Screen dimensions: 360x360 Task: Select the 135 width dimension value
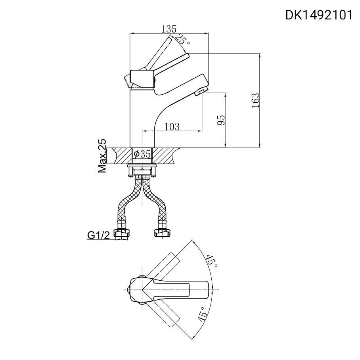coord(169,29)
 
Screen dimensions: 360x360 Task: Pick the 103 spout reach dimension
coord(172,126)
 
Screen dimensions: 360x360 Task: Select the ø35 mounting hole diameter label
coord(143,155)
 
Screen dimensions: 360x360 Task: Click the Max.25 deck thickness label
coord(103,156)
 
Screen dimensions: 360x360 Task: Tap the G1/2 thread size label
coord(98,236)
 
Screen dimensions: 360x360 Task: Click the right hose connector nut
coord(162,233)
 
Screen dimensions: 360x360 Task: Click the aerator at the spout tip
coord(199,93)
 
